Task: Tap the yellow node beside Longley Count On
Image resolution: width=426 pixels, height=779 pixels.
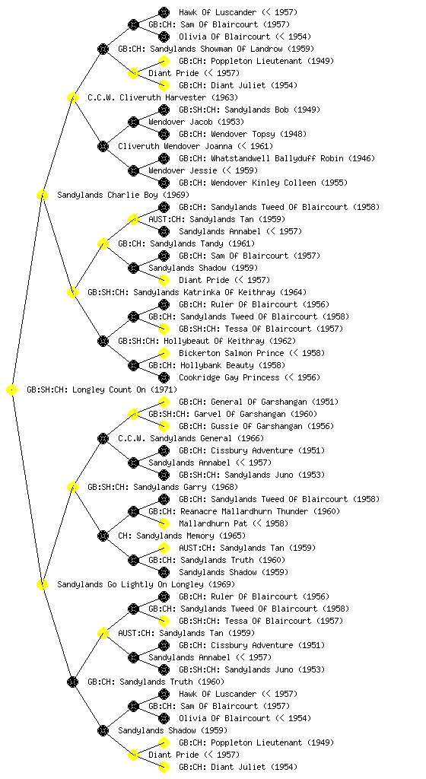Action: point(12,389)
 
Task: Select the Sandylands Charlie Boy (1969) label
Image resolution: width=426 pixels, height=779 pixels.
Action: point(123,195)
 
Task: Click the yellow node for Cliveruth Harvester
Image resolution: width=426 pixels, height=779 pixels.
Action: point(72,97)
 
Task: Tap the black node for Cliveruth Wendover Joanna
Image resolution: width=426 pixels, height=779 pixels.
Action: point(103,146)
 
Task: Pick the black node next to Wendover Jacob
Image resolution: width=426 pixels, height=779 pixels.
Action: point(133,122)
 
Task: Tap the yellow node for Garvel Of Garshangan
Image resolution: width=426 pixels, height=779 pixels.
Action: point(133,414)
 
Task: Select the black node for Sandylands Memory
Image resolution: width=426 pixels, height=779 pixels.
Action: point(103,536)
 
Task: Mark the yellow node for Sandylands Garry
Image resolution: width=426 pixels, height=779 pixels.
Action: point(72,487)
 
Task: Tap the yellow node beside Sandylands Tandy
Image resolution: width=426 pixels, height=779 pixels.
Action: point(103,243)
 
